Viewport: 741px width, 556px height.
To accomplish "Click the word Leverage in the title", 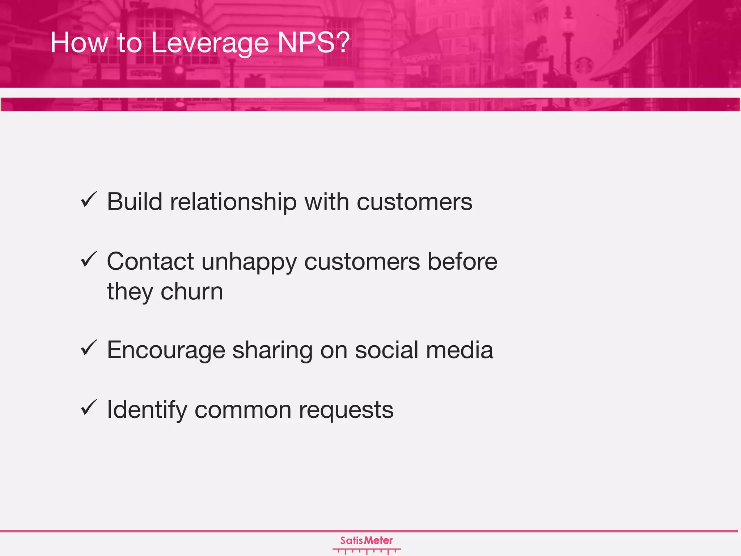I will [209, 43].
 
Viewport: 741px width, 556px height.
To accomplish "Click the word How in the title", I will [79, 43].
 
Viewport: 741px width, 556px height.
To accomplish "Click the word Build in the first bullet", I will [134, 202].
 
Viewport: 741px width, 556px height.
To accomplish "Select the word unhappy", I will [249, 262].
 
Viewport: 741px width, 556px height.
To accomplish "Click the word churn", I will [192, 291].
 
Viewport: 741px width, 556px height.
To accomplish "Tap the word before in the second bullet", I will [462, 261].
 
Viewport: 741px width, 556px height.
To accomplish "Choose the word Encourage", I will [166, 350].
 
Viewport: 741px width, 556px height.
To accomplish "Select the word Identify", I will [147, 410].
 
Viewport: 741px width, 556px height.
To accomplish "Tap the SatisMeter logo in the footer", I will [367, 544].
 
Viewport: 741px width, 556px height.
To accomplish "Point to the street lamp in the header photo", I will [568, 40].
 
